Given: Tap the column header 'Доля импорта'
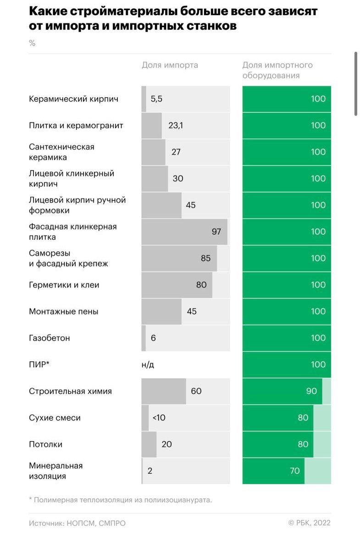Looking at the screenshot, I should point(170,65).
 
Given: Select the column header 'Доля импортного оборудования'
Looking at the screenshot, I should point(277,70).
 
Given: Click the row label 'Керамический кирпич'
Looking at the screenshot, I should point(73,99).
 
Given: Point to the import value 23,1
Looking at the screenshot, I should point(176,125).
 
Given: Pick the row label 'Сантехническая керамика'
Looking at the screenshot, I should point(61,152).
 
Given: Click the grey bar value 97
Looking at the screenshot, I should point(216,232).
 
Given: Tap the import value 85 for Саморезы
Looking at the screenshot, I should point(205,258).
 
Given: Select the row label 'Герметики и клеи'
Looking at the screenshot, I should point(64,285).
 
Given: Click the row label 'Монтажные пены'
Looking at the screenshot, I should point(63,311).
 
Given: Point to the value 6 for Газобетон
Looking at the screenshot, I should point(153,338).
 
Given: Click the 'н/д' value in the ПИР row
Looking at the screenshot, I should point(148,365).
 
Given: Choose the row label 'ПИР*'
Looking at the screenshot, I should point(39,365).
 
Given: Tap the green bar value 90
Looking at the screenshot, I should point(311,391).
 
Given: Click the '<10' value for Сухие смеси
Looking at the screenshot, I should point(159,418).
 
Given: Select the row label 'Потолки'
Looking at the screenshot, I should point(45,444).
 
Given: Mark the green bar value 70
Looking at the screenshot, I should point(294,471).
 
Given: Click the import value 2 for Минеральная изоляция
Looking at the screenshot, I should point(150,471).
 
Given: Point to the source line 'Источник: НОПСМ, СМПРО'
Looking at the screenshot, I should point(77,523).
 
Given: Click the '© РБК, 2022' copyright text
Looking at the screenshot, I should point(309,523).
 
